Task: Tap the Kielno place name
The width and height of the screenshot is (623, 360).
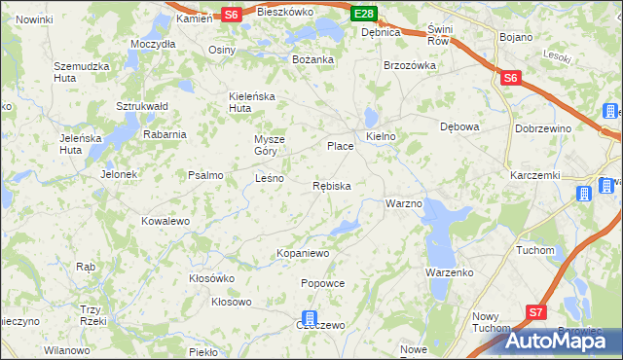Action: point(381,136)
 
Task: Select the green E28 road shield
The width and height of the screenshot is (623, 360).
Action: point(363,14)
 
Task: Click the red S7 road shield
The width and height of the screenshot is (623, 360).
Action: point(535,312)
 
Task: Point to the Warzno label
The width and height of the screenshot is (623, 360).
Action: point(403,204)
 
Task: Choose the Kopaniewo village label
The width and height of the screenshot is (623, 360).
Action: point(304,253)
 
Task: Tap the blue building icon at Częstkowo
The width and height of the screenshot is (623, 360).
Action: point(309,318)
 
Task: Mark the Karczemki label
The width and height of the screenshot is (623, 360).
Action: point(533,175)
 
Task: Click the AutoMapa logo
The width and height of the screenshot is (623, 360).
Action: point(563,340)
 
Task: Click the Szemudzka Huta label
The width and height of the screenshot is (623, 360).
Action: point(80,72)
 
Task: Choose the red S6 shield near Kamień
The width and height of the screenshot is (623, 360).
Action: point(230,15)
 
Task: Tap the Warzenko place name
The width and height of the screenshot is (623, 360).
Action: point(448,272)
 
